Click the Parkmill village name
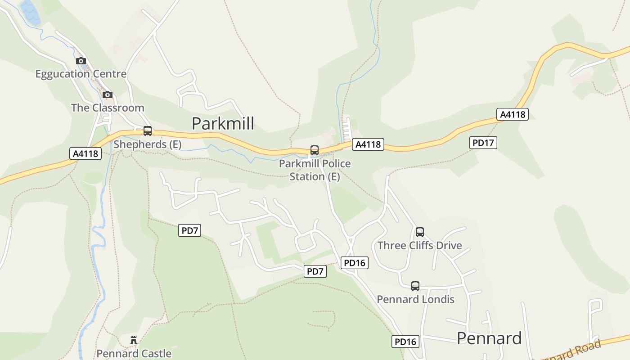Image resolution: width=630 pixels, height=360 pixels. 223,123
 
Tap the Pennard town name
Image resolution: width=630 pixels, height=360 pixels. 489,338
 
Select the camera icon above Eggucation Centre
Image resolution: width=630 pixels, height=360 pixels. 81,61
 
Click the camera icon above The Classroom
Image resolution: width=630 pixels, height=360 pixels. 107,94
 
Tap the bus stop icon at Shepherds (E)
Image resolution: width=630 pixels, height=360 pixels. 147,131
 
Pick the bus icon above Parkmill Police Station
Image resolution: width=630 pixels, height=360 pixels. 315,150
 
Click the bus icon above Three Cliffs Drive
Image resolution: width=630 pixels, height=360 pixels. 419,232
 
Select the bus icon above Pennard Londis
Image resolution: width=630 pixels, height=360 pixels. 415,286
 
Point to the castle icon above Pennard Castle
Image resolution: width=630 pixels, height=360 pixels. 134,340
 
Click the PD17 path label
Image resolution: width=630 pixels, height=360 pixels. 483,143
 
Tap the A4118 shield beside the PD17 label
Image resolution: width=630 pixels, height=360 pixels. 512,114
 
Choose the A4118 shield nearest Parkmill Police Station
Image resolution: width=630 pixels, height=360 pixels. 368,144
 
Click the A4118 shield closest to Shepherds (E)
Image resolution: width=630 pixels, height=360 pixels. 85,153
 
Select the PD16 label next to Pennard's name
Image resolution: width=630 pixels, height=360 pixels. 405,342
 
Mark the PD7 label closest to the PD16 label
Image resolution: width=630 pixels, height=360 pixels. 315,271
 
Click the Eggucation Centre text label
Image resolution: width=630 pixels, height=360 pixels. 81,74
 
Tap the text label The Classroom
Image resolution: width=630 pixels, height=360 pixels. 108,108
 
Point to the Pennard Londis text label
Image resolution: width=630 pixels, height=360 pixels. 415,299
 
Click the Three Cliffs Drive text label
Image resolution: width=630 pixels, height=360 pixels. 419,245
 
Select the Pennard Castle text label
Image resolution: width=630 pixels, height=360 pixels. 134,353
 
